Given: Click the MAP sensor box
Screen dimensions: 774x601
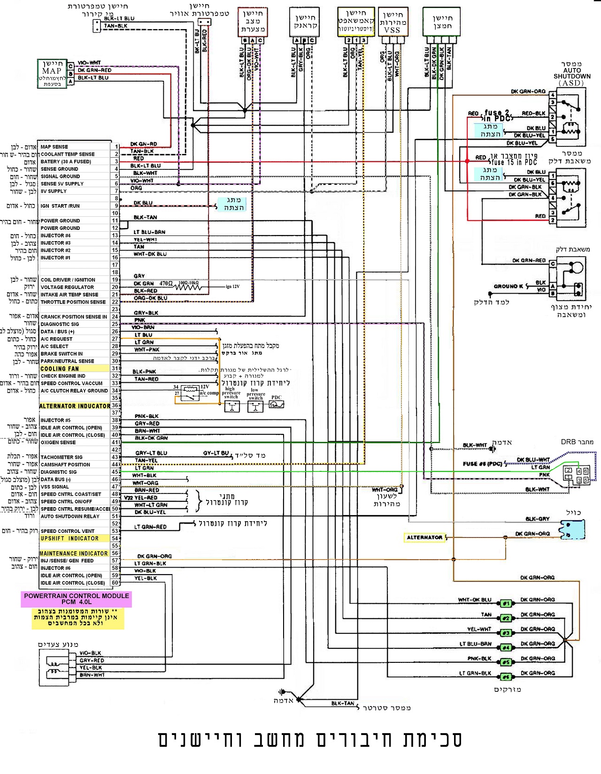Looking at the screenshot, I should click(x=52, y=74).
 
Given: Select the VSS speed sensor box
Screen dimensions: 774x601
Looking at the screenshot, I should click(x=393, y=22).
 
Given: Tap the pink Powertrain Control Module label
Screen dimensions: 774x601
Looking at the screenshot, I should click(x=77, y=599).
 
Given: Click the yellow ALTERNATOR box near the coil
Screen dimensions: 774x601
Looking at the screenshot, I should click(x=424, y=538).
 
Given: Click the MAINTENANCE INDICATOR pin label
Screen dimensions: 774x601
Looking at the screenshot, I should click(x=74, y=554).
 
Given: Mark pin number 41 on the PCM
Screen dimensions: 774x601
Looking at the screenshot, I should click(x=115, y=442).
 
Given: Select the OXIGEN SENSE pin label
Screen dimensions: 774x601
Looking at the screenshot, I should click(x=58, y=442).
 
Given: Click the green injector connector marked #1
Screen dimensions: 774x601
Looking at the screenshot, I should click(x=506, y=604).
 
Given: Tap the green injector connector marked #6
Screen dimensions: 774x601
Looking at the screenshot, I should click(x=506, y=677).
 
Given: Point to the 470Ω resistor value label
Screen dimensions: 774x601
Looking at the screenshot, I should click(x=166, y=284).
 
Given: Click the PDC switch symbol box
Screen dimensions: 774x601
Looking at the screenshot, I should click(x=277, y=403).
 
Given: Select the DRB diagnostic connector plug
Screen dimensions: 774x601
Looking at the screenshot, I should click(x=577, y=475).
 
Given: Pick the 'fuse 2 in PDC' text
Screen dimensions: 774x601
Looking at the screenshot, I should click(x=497, y=115).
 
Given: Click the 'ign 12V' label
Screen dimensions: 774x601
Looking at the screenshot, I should click(x=232, y=287).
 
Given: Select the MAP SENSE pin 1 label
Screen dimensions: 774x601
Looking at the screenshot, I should click(x=54, y=147).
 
